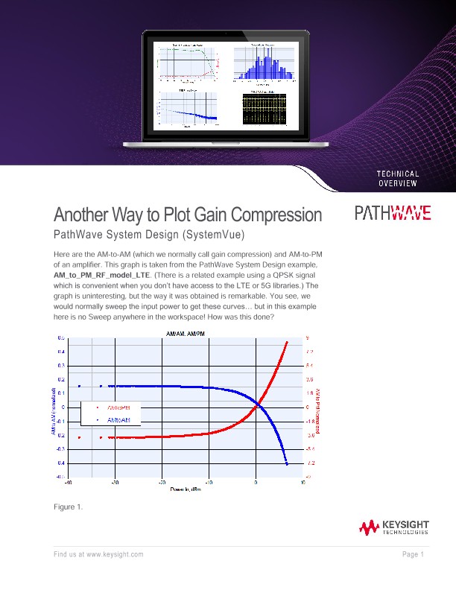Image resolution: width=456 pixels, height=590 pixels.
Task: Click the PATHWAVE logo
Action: coord(392,214)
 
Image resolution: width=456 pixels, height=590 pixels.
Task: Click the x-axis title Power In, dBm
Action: coord(183,489)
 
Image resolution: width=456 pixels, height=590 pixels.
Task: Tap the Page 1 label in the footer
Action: coord(413,555)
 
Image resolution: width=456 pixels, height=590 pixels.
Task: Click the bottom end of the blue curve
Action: coord(287,464)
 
